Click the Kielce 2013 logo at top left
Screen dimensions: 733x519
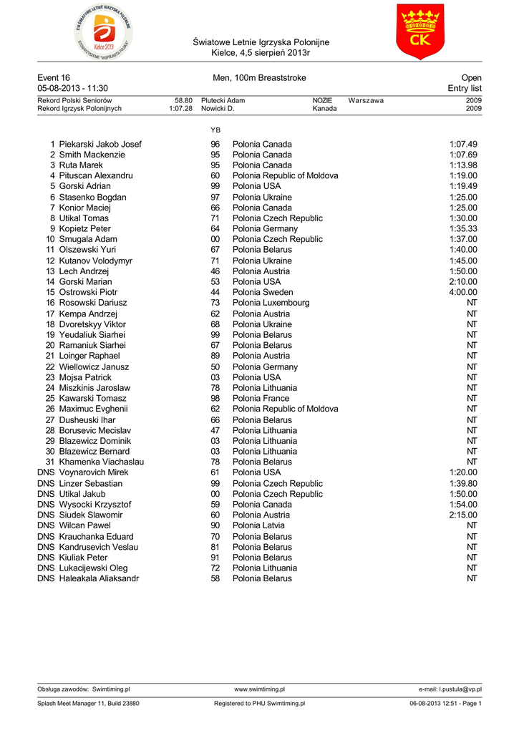tap(104, 32)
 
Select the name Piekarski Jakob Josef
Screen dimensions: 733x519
tap(100, 144)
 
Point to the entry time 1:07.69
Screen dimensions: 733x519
tap(463, 155)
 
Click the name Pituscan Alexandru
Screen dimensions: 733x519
tap(96, 175)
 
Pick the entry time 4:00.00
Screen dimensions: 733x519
tap(463, 292)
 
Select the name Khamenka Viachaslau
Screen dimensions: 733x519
tap(102, 462)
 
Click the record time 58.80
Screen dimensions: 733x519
tap(183, 101)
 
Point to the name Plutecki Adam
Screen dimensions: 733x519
tap(223, 101)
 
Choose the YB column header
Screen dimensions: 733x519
tap(215, 130)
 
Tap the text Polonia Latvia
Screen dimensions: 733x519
tap(258, 525)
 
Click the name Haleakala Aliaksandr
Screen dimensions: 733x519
tap(99, 578)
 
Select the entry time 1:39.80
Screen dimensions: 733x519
tap(463, 483)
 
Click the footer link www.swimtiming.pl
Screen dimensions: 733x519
tap(259, 689)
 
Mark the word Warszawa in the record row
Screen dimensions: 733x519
tap(366, 101)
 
